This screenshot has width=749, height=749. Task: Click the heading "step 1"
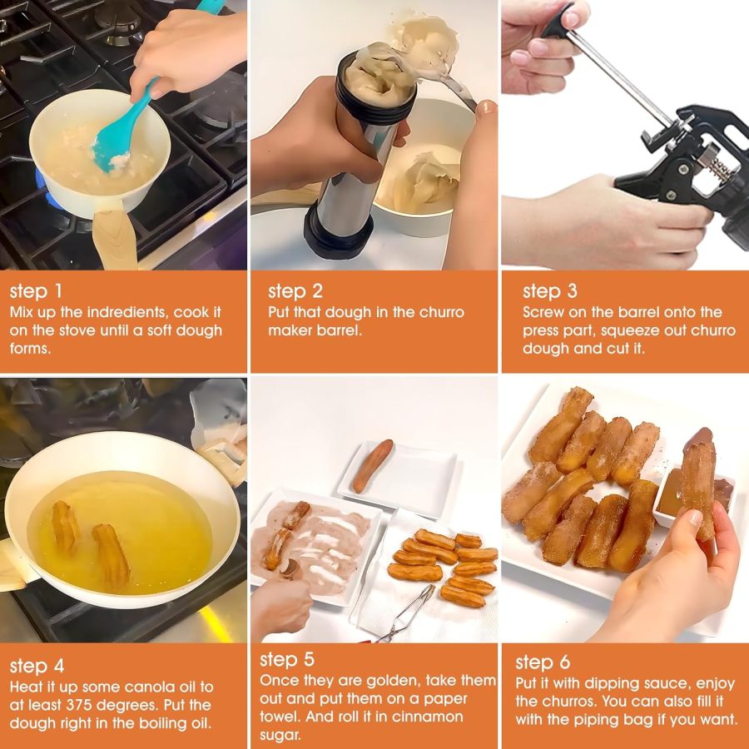point(36,292)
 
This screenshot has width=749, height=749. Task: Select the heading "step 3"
point(548,292)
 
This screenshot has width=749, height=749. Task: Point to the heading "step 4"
point(37,666)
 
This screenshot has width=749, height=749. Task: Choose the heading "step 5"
point(287,660)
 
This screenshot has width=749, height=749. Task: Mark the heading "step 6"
point(543,662)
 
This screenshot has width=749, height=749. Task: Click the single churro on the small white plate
point(372,466)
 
